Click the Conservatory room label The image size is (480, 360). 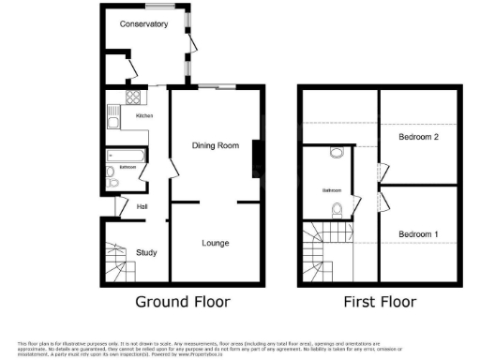(143, 24)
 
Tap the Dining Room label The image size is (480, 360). (216, 145)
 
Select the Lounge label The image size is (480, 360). (216, 243)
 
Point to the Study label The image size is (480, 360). (145, 252)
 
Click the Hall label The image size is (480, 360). (142, 206)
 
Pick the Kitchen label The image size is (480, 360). (144, 115)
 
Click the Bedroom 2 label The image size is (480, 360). (419, 137)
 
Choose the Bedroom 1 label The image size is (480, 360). (418, 233)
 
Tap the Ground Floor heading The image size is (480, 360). (183, 302)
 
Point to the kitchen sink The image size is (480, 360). (112, 117)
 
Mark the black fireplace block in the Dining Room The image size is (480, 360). (255, 157)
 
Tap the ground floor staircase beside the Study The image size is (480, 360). (116, 263)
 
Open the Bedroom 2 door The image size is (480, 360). (382, 172)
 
